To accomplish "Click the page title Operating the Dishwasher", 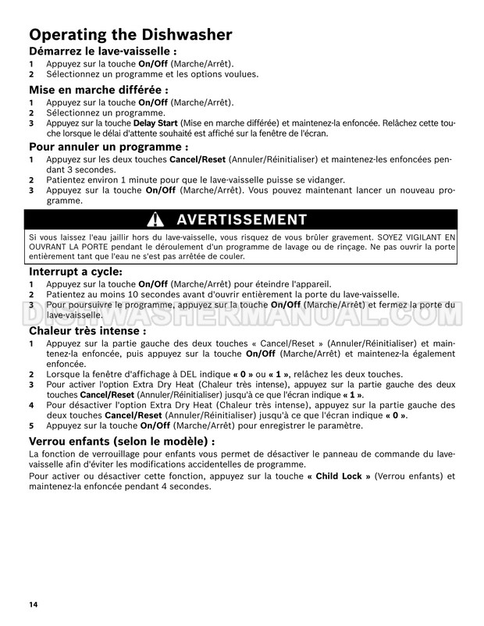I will click(x=130, y=34).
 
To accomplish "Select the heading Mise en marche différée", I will click(x=95, y=90).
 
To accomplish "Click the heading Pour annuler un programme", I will click(x=109, y=147).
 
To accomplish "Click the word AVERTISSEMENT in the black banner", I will click(x=242, y=219).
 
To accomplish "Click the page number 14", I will click(x=34, y=605).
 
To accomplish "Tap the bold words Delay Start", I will click(x=156, y=123).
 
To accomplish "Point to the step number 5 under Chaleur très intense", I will click(x=31, y=427).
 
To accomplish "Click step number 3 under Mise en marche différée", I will click(x=31, y=123).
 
